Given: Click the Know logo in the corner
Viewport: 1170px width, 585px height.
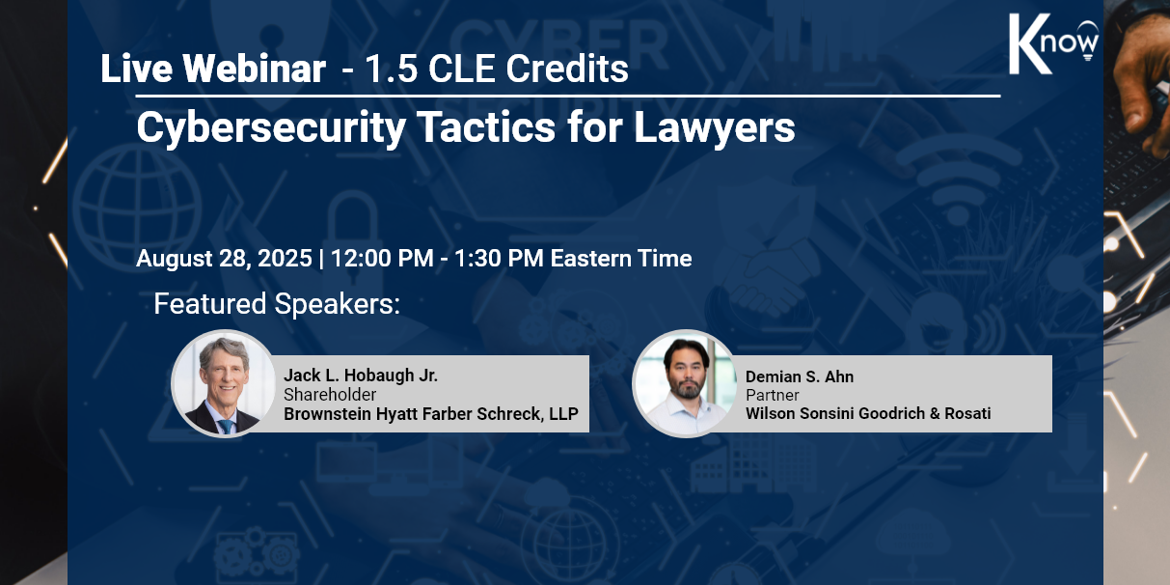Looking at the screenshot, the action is point(1053,43).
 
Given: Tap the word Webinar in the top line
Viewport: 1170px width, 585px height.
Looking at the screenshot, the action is point(254,69).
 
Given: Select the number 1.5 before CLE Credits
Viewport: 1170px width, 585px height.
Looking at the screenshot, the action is point(392,69).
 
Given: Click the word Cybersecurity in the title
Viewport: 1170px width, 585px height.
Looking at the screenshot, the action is point(271,128).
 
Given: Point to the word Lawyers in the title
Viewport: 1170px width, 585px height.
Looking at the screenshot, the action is point(714,128).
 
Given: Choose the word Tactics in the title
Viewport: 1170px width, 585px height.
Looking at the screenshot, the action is point(486,127).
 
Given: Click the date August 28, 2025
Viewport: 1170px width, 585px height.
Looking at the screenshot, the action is point(224,259).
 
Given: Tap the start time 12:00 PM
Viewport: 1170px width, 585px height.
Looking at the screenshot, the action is point(382,259).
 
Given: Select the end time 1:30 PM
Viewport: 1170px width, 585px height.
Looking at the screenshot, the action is point(499,259).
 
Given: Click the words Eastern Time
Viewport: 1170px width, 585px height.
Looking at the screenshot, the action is point(621,259).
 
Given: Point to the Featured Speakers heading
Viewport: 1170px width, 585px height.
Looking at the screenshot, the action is point(277,304).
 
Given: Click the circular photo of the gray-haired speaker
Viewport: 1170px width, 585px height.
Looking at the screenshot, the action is point(224,383).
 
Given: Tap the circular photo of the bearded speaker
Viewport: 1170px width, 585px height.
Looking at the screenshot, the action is point(685,383).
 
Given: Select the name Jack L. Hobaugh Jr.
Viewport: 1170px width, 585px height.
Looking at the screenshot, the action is point(361,376).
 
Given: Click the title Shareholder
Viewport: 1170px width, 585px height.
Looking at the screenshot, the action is point(330,394).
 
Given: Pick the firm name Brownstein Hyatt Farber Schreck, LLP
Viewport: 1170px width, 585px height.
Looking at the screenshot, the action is point(431,414).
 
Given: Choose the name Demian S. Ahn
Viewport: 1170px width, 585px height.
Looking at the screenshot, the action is point(800,376).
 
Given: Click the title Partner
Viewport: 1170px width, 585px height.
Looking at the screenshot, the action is point(772,395).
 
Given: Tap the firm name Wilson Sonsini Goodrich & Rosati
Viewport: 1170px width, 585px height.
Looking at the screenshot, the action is point(868,413).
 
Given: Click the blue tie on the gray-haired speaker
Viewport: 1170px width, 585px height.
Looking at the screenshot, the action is point(226,426).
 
